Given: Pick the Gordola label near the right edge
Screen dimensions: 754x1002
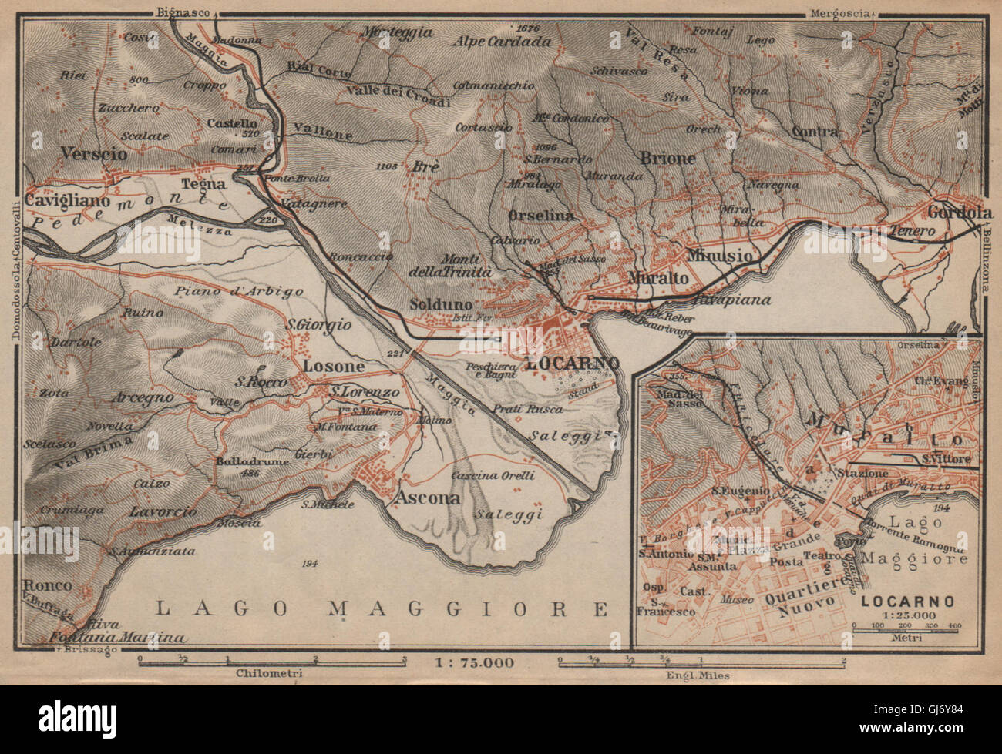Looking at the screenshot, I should click(x=957, y=212).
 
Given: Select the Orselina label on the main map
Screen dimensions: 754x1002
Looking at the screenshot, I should click(x=541, y=216).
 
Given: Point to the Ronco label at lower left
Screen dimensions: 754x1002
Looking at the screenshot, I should click(x=48, y=585).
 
